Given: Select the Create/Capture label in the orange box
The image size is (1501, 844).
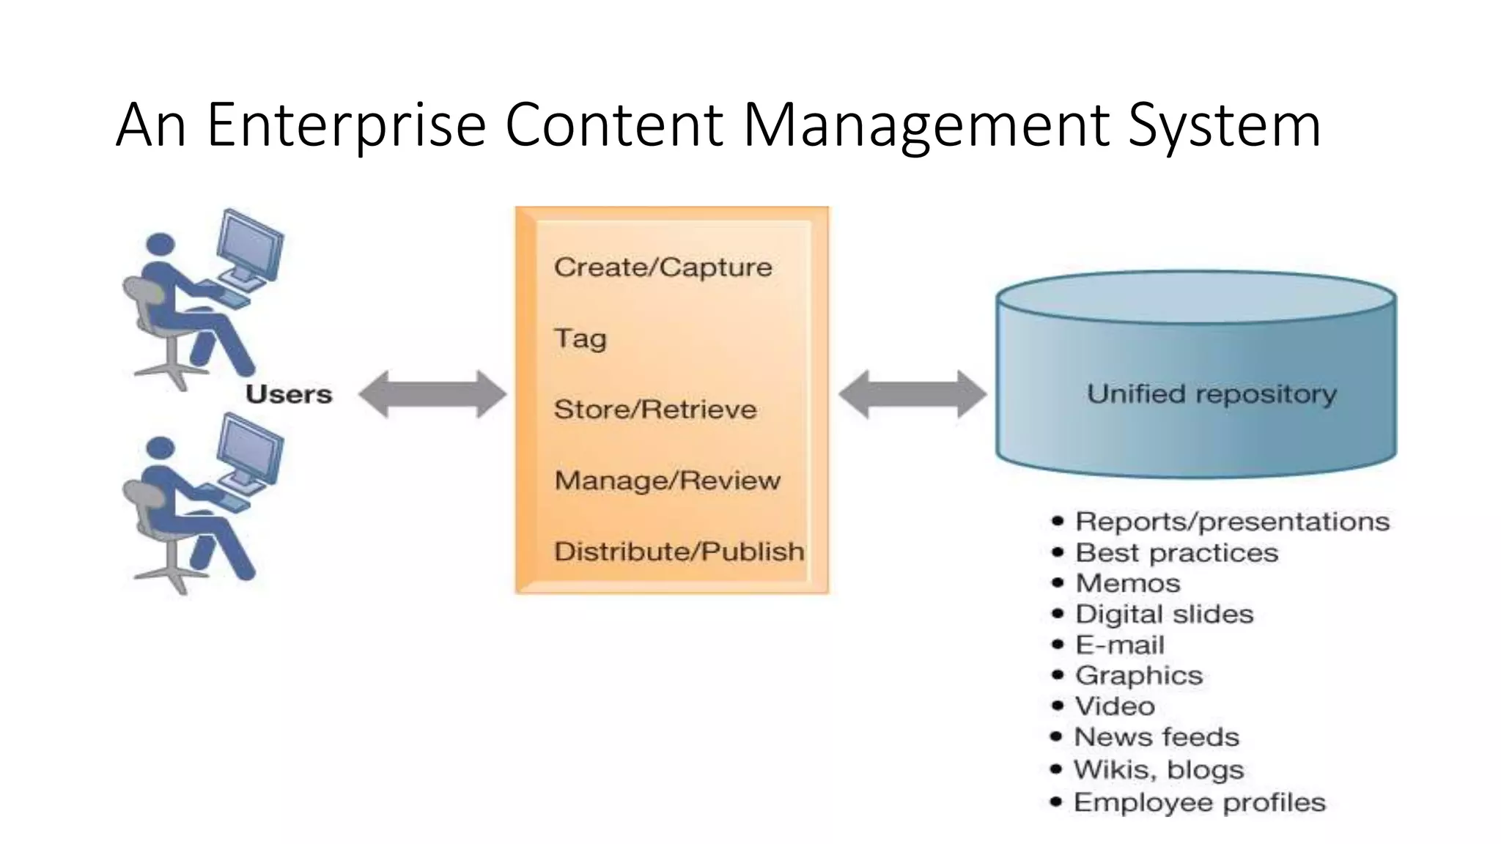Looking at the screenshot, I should tap(663, 268).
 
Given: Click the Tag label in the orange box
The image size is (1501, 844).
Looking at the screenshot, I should tap(580, 338).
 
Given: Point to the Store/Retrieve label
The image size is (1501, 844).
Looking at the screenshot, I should tap(654, 410).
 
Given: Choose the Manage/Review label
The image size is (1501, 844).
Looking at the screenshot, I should tap(667, 481).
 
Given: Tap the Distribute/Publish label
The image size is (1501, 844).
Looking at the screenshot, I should tap(679, 552).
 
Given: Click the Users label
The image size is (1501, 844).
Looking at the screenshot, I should tap(289, 395).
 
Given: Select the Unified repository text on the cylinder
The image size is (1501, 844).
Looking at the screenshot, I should tap(1212, 395).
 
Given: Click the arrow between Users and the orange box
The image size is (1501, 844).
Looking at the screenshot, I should tap(432, 394).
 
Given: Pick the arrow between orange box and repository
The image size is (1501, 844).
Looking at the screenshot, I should tap(912, 394).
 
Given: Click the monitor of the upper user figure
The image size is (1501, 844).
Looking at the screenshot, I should tap(251, 245).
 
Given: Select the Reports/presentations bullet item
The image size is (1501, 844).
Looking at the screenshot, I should tap(1231, 522).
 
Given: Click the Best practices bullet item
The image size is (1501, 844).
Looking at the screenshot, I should tap(1176, 552).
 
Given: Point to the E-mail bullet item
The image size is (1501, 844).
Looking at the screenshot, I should tap(1119, 645).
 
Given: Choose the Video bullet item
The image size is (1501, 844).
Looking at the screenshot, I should tap(1114, 706).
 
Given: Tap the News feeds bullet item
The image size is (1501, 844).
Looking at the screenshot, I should tap(1156, 737).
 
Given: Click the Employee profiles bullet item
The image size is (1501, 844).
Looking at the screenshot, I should tap(1199, 802).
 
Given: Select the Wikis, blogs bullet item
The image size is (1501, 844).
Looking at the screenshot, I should tap(1158, 769).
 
